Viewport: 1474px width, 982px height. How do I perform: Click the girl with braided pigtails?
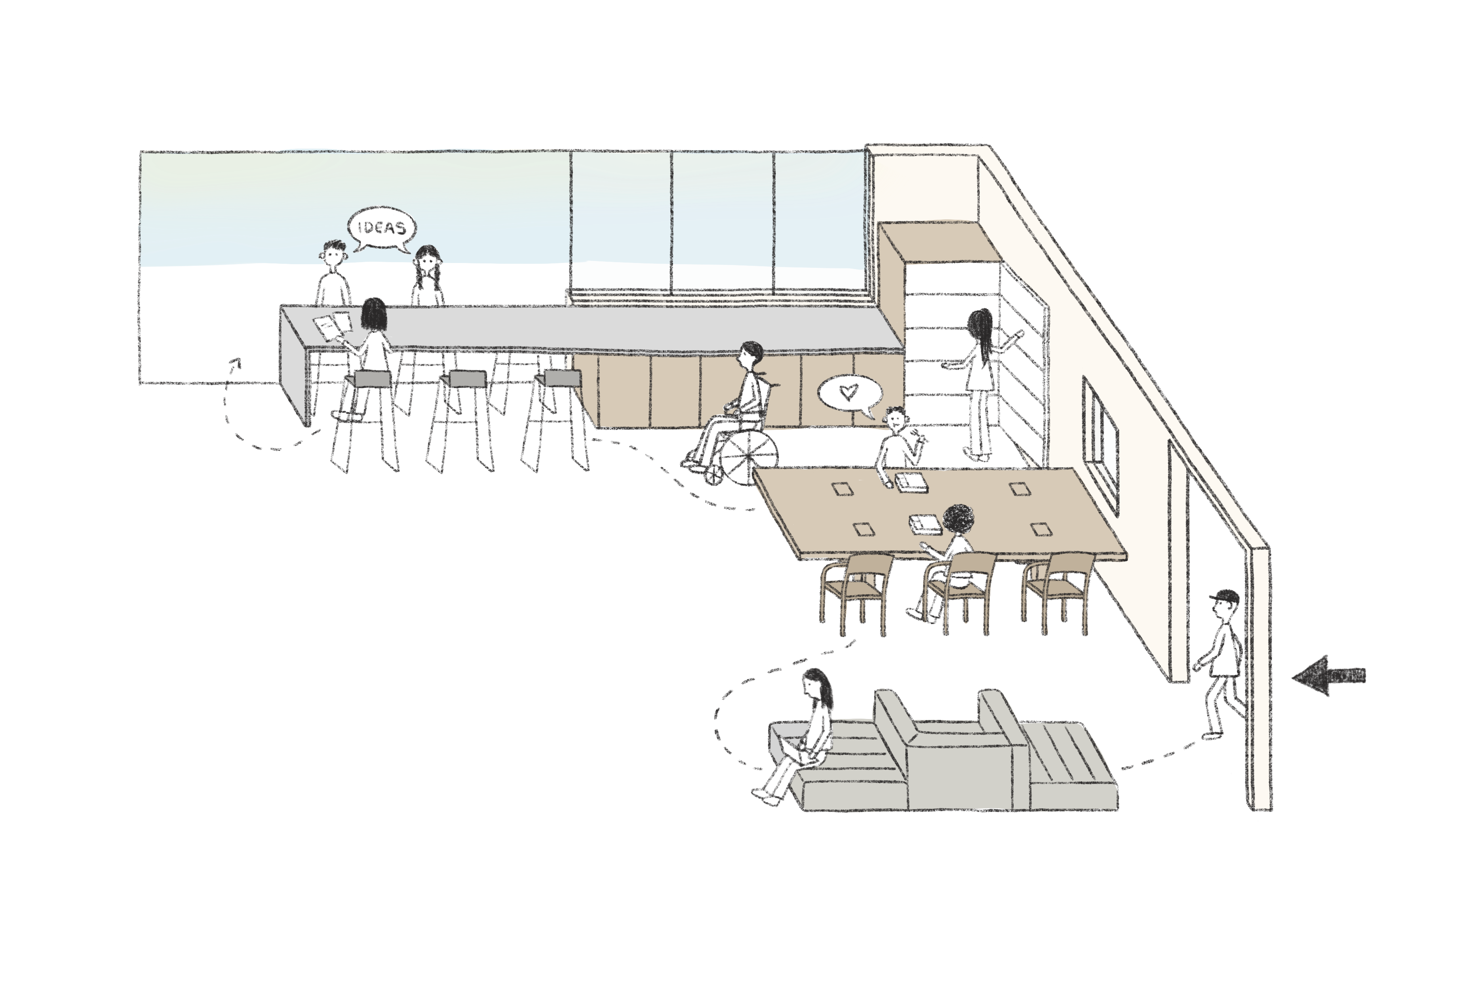427,275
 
